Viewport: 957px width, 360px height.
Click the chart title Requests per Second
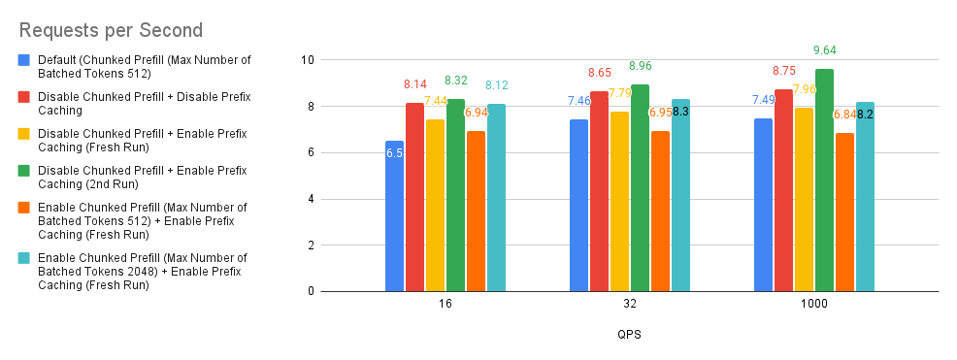click(x=111, y=30)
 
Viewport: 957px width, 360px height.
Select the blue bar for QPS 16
click(x=394, y=216)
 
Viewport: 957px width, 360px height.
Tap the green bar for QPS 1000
click(x=824, y=180)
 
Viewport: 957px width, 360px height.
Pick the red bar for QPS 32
click(x=600, y=191)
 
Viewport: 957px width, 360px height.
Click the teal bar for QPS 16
click(x=496, y=198)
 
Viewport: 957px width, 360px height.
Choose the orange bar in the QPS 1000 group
click(x=844, y=213)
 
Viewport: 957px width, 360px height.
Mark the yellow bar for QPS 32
click(x=619, y=202)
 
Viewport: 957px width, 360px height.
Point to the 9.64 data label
click(x=824, y=50)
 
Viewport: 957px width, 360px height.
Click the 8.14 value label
click(x=415, y=84)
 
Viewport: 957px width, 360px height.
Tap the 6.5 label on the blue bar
click(x=394, y=153)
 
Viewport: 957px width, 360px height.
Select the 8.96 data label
click(x=641, y=66)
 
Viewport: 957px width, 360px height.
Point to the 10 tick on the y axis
click(x=307, y=60)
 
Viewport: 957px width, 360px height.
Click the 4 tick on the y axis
click(x=311, y=199)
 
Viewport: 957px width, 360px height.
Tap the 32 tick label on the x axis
click(x=630, y=304)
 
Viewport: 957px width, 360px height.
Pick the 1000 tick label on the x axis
click(x=814, y=304)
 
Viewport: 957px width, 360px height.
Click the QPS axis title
click(x=629, y=335)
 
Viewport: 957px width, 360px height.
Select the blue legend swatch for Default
click(x=25, y=60)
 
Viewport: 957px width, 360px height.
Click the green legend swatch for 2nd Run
click(x=25, y=170)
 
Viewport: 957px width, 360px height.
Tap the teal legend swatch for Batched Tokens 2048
click(x=25, y=258)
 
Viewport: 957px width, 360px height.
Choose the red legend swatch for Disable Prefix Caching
click(x=25, y=97)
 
